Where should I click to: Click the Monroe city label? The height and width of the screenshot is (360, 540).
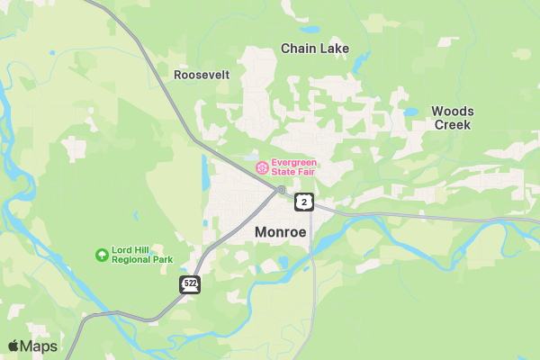[x=281, y=231]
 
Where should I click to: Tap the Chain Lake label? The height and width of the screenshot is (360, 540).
[x=315, y=49]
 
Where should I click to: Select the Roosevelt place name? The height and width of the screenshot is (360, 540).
[x=202, y=75]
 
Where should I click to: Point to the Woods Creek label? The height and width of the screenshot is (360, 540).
[x=453, y=118]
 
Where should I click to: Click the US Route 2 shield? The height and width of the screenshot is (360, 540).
[x=305, y=202]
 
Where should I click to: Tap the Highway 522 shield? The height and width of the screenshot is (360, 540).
[x=190, y=284]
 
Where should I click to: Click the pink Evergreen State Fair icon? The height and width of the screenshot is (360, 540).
[x=262, y=167]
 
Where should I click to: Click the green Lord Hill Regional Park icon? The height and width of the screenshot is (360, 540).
[x=102, y=255]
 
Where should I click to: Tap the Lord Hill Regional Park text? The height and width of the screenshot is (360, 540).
[x=141, y=255]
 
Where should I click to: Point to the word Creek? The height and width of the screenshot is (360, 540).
[x=453, y=125]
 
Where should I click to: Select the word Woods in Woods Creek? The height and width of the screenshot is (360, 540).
[x=453, y=111]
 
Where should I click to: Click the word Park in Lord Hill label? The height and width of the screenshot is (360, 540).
[x=161, y=259]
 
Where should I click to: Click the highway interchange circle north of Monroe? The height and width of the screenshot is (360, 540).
[x=282, y=190]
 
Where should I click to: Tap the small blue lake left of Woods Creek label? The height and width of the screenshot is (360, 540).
[x=410, y=113]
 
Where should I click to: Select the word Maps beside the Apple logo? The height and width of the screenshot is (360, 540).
[x=40, y=346]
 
